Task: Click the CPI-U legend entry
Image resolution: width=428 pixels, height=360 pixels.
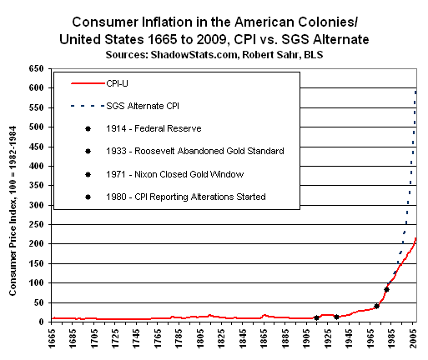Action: [123, 84]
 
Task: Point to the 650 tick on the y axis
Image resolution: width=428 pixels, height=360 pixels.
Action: [37, 69]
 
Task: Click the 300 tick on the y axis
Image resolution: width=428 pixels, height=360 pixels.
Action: [37, 205]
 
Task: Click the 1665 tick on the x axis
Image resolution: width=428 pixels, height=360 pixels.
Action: [54, 341]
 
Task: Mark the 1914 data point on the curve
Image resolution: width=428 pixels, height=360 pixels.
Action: [316, 317]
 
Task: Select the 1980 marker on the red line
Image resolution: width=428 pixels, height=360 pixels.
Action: [386, 289]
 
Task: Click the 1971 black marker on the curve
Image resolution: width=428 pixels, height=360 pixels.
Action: [376, 306]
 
